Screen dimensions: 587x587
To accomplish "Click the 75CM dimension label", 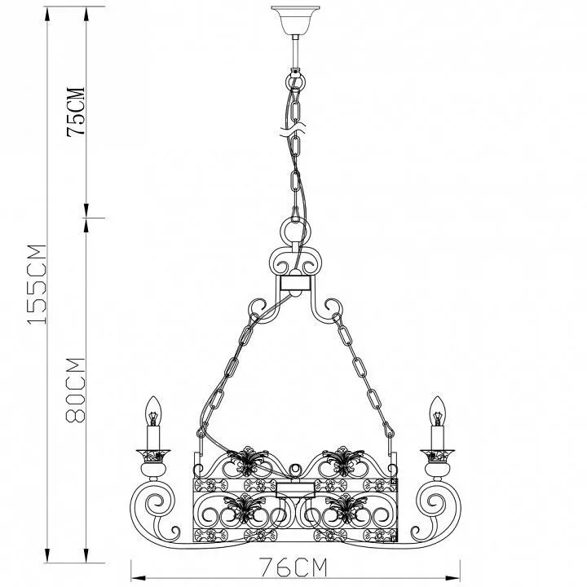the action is pyautogui.click(x=76, y=112).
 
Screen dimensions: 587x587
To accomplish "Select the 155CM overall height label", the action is pyautogui.click(x=37, y=285).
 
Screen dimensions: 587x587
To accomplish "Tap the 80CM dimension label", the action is pyautogui.click(x=76, y=391).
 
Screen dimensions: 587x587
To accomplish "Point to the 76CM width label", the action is pyautogui.click(x=293, y=567).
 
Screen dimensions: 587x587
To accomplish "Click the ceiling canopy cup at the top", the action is pyautogui.click(x=296, y=20).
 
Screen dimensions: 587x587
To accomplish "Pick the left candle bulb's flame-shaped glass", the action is pyautogui.click(x=153, y=411).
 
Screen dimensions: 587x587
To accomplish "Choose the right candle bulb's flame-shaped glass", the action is pyautogui.click(x=437, y=411).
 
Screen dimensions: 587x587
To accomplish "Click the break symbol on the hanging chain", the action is pyautogui.click(x=293, y=129).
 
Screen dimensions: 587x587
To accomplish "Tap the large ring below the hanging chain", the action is pyautogui.click(x=295, y=230).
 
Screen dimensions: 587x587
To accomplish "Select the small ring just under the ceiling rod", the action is pyautogui.click(x=296, y=81).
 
